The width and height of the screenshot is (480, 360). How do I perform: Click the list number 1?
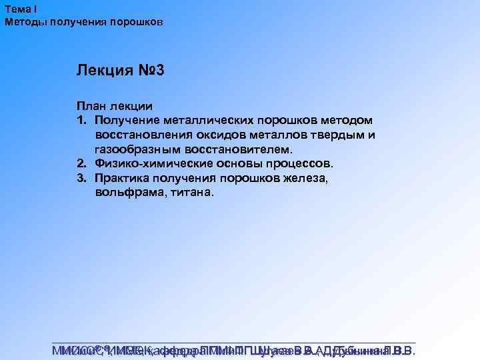81,120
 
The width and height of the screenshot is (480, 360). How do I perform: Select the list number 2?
81,164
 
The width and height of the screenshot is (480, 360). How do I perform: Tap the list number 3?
81,179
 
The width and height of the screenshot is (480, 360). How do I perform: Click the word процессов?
299,164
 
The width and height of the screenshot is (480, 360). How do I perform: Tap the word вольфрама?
124,193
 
